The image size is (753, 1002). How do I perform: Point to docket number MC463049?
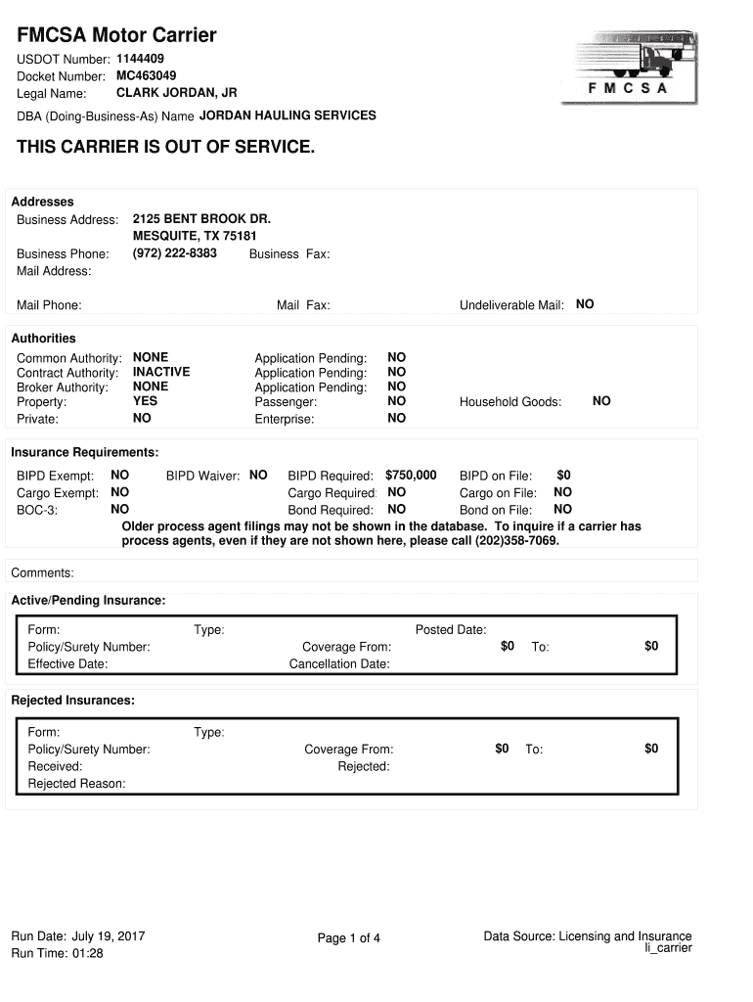point(147,75)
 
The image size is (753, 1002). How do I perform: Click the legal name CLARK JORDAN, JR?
point(176,93)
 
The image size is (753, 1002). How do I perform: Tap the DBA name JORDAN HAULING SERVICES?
point(288,115)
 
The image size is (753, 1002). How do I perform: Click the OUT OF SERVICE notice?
point(166,148)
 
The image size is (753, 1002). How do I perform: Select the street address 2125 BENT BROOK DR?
point(201,218)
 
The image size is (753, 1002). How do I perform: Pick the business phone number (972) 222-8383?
point(175,253)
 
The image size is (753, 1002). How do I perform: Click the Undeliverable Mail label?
point(511,305)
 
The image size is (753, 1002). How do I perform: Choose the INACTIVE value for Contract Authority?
point(161,372)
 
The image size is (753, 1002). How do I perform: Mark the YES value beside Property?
point(145,401)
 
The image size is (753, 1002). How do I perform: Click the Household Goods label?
point(510,402)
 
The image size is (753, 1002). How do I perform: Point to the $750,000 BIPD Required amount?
point(411,476)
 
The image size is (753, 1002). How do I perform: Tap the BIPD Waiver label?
point(202,477)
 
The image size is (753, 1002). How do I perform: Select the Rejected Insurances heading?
point(72,701)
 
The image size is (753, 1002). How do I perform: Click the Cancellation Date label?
point(339,664)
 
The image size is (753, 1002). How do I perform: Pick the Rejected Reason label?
point(76,784)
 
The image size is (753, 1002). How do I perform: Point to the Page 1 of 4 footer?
point(348,938)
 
